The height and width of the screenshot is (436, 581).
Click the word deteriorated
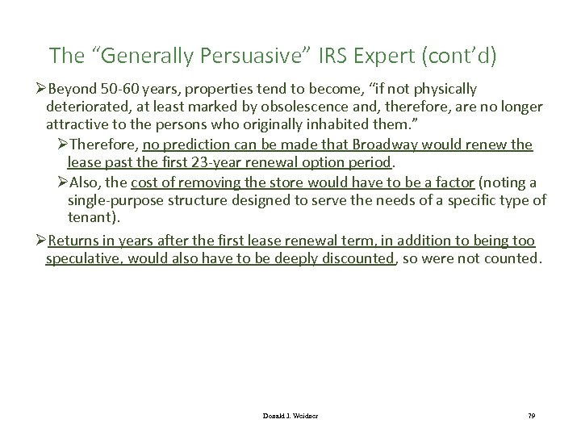pos(86,107)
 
